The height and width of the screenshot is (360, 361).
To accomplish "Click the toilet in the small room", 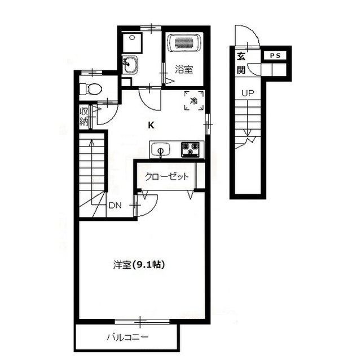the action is click(x=91, y=89).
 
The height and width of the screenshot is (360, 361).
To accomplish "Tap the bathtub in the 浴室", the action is click(x=184, y=43).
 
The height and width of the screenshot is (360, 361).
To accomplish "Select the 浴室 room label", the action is click(x=183, y=69).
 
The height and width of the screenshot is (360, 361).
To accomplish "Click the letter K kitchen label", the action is click(x=151, y=125).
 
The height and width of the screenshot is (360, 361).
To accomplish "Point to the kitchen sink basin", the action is click(x=160, y=149).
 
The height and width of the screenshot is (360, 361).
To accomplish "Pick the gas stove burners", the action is click(x=190, y=149).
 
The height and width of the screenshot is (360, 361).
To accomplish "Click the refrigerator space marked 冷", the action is click(x=194, y=101).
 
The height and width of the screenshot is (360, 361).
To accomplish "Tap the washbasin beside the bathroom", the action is click(x=130, y=65).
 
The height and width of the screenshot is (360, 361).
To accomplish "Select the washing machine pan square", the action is click(x=132, y=43).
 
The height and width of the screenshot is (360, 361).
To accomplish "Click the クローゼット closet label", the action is click(x=166, y=176).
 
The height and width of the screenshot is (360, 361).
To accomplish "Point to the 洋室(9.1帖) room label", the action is click(x=139, y=265).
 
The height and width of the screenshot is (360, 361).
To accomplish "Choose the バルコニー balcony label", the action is click(x=127, y=337).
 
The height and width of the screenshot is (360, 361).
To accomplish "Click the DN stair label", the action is click(x=115, y=206).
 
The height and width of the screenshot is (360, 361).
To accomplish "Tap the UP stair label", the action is click(x=248, y=93).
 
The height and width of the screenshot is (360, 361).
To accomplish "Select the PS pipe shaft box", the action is click(x=275, y=56).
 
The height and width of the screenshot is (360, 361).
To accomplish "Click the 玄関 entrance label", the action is click(x=241, y=63).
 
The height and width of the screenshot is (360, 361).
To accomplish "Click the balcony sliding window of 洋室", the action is click(x=142, y=321).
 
